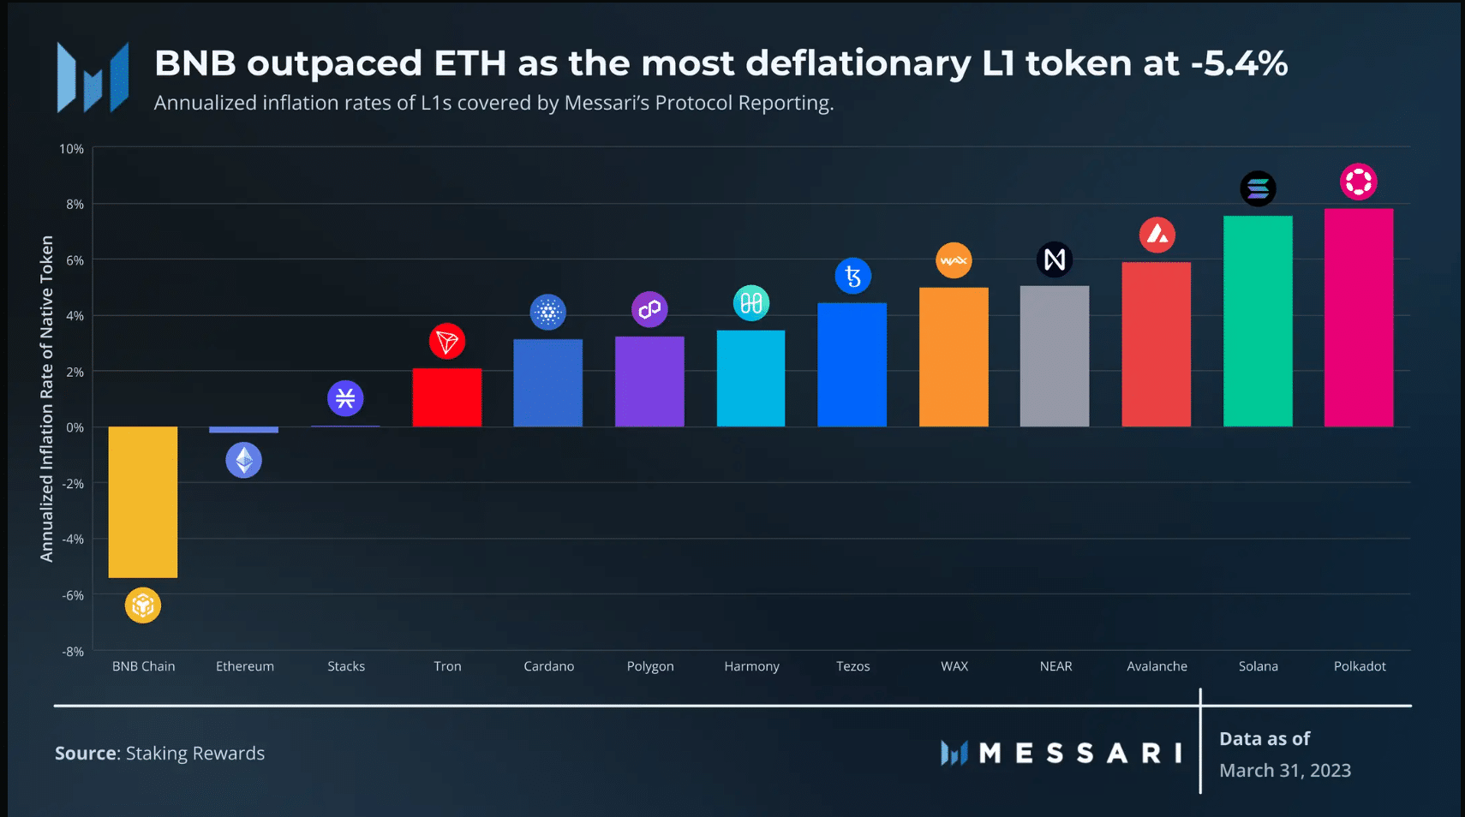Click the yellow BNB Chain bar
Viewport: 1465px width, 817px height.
click(x=143, y=502)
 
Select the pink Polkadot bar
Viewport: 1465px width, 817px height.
click(x=1359, y=318)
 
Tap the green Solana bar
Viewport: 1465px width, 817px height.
click(x=1258, y=321)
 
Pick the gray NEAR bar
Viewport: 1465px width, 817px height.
click(x=1055, y=356)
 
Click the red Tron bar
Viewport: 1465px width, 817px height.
click(x=446, y=397)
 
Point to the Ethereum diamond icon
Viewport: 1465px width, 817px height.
click(x=244, y=461)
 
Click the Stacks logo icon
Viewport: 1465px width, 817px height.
click(x=345, y=398)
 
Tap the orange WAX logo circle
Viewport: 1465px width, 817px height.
click(x=954, y=260)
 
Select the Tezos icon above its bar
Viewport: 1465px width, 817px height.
click(x=852, y=276)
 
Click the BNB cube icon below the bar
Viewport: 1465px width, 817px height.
click(x=143, y=605)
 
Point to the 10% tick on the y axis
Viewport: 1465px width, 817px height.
click(x=72, y=149)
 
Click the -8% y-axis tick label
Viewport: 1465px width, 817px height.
click(x=73, y=652)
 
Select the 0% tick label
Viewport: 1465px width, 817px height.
click(x=75, y=427)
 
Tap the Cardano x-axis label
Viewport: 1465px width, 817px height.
click(x=549, y=666)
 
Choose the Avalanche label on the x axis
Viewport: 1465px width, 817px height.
click(x=1157, y=666)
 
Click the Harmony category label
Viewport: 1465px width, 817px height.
click(x=751, y=666)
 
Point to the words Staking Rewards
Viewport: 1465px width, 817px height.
click(x=195, y=754)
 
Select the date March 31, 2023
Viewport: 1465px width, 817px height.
click(x=1285, y=771)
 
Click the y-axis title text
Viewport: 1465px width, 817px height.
click(x=47, y=399)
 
